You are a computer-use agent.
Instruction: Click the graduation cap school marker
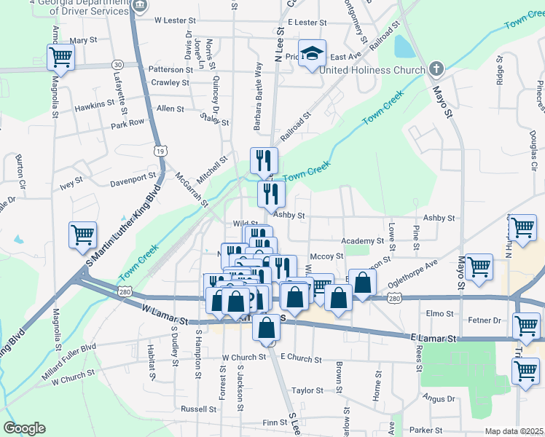312,53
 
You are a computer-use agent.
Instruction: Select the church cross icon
436,70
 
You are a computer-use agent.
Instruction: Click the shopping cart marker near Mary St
61,55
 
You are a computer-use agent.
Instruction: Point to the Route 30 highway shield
117,65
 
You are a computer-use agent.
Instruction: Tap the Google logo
24,428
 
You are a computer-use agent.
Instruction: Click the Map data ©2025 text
514,431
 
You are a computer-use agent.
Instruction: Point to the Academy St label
363,241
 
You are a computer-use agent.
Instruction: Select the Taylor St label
307,391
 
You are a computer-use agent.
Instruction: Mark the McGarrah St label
192,188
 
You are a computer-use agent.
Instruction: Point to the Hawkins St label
95,107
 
